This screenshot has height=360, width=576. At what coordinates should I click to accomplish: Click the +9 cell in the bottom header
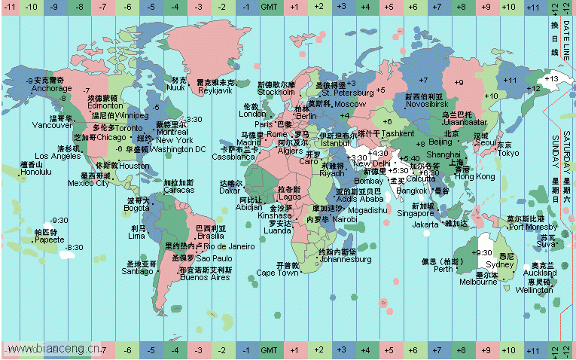coord(485,351)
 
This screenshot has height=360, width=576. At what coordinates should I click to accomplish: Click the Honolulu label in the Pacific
coord(36,172)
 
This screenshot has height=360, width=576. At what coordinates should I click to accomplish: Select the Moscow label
coord(350,104)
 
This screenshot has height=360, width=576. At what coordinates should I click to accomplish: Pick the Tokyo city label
coord(508,153)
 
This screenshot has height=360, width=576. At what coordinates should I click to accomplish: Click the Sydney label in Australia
coord(500,265)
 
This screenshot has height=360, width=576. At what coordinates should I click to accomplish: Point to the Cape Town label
coord(277,273)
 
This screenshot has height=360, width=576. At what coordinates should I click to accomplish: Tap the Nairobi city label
coord(346,219)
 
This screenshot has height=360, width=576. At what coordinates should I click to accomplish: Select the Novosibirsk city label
coord(427,104)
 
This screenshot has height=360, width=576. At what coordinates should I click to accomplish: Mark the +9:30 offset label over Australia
coord(482,252)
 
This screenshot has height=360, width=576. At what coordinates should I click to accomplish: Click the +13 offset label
coord(550,78)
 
